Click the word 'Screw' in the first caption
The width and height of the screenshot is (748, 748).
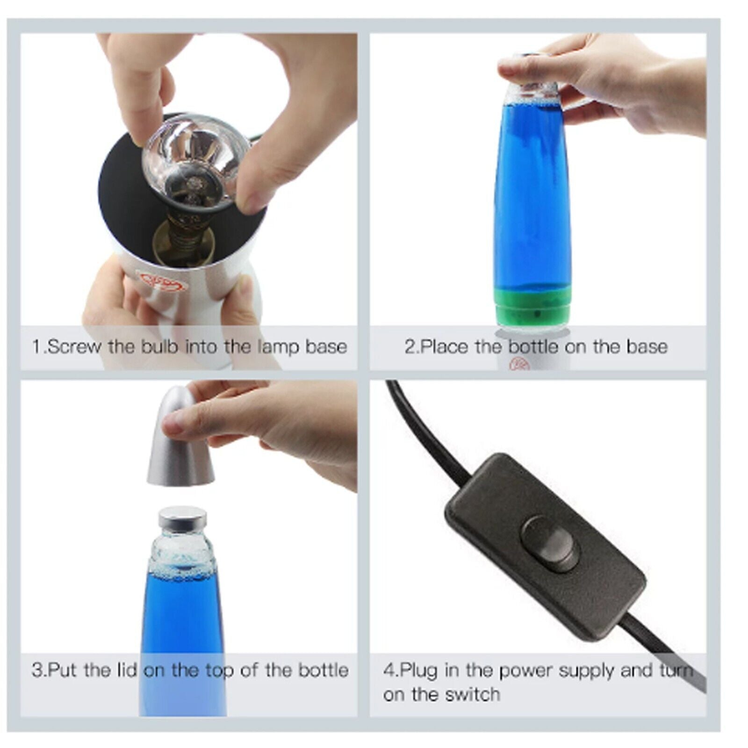click(74, 346)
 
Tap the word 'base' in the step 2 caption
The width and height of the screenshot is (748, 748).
click(647, 346)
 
